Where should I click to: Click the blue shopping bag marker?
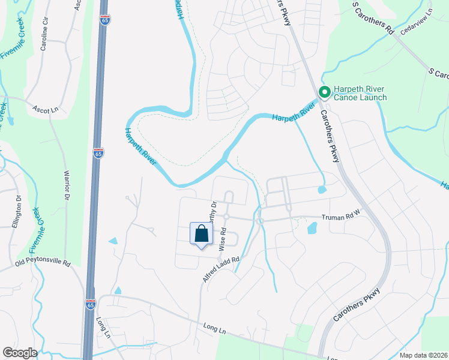click(x=201, y=234)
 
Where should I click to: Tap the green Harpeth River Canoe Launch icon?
click(x=324, y=92)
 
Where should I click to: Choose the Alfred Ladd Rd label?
click(x=221, y=270)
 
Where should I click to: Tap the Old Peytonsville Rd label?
click(x=43, y=263)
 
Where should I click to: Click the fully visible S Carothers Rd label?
click(x=372, y=19)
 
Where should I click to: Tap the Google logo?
click(x=20, y=353)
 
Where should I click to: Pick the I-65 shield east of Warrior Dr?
click(x=98, y=153)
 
